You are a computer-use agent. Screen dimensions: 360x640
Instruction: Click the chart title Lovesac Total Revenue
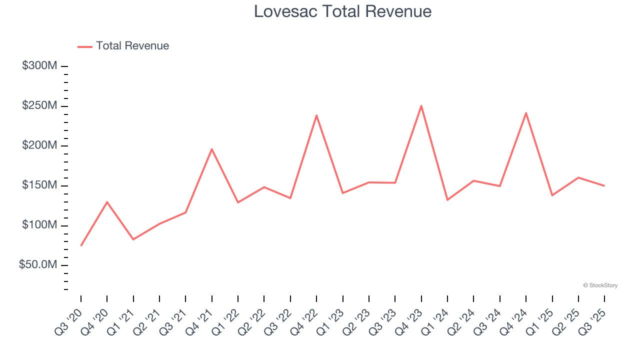(342, 11)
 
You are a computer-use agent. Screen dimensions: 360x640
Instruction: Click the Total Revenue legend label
(132, 46)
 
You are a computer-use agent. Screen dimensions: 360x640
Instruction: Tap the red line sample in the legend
(85, 46)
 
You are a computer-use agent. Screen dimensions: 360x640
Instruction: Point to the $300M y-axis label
(39, 66)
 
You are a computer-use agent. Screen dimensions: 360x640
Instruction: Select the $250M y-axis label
(39, 106)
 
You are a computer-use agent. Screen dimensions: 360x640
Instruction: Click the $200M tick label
(39, 145)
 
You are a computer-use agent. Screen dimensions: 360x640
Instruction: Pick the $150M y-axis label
(39, 185)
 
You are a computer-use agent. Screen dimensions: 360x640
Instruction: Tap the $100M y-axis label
(39, 225)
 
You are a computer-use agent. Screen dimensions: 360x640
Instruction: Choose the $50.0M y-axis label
(38, 265)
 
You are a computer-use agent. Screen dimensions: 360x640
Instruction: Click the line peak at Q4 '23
(421, 105)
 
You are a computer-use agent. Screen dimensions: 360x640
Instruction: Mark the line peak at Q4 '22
(316, 115)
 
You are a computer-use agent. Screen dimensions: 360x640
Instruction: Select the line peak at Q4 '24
(526, 113)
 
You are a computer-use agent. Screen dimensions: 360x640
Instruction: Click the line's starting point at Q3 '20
(81, 245)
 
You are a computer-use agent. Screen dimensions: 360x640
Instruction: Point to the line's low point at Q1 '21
(133, 239)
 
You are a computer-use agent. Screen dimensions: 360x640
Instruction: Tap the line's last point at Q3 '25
(604, 186)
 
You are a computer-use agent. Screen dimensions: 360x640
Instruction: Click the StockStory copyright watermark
(600, 285)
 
